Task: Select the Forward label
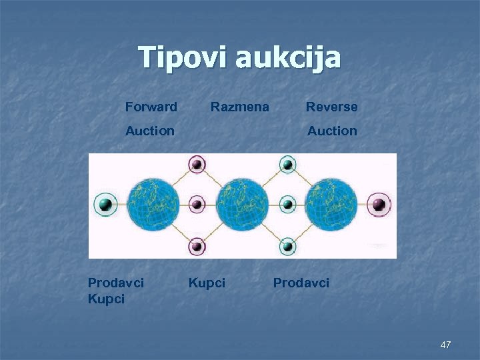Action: coord(151,107)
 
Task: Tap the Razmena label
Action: coord(240,107)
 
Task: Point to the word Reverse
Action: coord(331,107)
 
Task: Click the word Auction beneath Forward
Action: coord(150,131)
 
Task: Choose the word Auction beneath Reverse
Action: coord(332,131)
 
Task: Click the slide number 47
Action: coord(445,345)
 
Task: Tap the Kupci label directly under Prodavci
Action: coord(106,299)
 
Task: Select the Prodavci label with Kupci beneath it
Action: coord(116,283)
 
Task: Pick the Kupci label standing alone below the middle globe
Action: coord(207,283)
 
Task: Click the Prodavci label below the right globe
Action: coord(301,283)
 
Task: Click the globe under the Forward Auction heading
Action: coord(154,204)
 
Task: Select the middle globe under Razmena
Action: coord(242,204)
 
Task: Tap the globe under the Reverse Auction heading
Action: coord(331,204)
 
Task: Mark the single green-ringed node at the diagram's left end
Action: coord(105,204)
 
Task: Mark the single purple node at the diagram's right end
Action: coord(379,204)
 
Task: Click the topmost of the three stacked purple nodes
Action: coord(197,163)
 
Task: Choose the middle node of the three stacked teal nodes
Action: coord(287,204)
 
